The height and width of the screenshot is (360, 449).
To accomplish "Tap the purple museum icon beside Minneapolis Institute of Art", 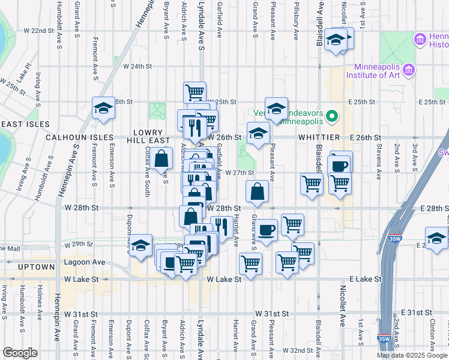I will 410,70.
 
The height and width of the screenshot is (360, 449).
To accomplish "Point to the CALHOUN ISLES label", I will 79,137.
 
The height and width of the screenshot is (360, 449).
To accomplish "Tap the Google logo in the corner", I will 20,353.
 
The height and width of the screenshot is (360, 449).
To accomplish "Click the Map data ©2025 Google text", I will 412,355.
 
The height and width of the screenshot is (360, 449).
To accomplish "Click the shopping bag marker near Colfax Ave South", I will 162,160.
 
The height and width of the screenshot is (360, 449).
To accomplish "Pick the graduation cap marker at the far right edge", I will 436,238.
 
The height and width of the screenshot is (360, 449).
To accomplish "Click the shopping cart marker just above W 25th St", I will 194,92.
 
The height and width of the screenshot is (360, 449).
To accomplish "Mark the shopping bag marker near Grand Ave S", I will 257,191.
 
